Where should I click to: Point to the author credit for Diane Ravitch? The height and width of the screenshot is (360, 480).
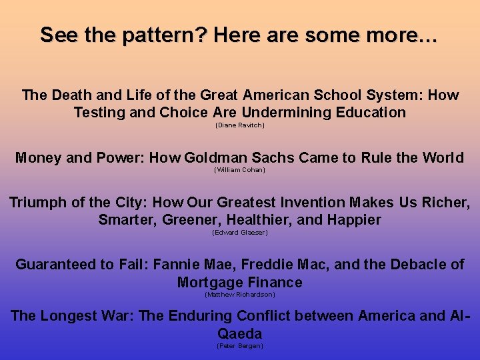(239, 125)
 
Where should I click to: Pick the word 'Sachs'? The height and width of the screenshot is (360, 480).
(273, 158)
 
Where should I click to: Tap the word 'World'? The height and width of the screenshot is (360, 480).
(441, 158)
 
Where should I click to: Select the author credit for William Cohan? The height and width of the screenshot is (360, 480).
(239, 170)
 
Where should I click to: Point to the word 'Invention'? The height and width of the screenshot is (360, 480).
(313, 202)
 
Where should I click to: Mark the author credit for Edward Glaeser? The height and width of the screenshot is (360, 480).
(239, 233)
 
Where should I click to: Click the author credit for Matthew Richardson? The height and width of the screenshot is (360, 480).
(239, 295)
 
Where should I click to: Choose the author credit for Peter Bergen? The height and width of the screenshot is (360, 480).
(239, 346)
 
